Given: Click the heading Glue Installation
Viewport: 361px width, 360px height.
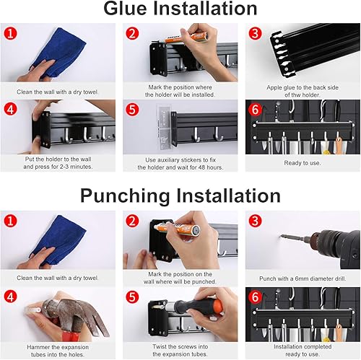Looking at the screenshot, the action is pyautogui.click(x=180, y=9).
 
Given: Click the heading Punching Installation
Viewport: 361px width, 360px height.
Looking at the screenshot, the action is pyautogui.click(x=180, y=196).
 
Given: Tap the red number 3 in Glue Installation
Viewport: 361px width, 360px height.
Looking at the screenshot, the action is pyautogui.click(x=255, y=33).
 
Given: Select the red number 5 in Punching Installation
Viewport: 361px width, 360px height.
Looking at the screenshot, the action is pyautogui.click(x=132, y=297).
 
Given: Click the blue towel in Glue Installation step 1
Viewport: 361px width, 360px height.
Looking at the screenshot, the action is pyautogui.click(x=59, y=52).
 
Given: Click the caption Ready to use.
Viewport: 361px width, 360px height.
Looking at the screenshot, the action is pyautogui.click(x=303, y=163).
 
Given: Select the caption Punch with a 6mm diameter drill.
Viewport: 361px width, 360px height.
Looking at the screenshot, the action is pyautogui.click(x=303, y=278).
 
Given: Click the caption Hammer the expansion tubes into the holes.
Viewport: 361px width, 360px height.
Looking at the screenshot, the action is pyautogui.click(x=58, y=351).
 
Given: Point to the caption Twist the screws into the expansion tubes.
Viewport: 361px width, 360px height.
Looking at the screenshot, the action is pyautogui.click(x=180, y=351).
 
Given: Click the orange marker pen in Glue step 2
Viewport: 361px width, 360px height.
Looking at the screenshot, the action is pyautogui.click(x=186, y=38).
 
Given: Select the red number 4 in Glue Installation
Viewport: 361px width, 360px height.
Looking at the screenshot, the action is pyautogui.click(x=11, y=109).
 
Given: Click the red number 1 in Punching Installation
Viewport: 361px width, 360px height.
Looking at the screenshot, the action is pyautogui.click(x=11, y=220).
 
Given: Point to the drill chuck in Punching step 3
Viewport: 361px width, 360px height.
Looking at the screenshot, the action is pyautogui.click(x=323, y=240).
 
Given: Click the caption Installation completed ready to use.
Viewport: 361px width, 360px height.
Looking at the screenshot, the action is pyautogui.click(x=303, y=351).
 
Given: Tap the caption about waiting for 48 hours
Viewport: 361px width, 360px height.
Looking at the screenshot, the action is pyautogui.click(x=180, y=164).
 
